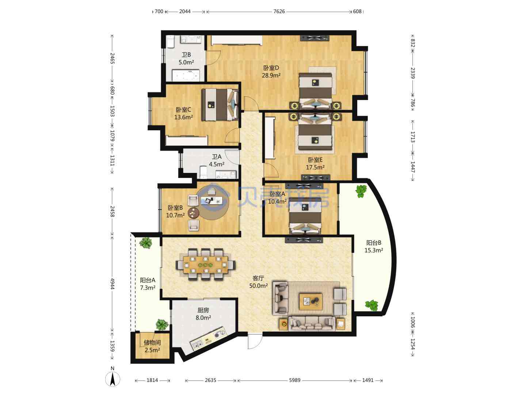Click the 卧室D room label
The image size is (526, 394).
click(271, 68)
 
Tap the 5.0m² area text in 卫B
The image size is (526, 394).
click(186, 62)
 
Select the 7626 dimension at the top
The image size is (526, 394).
click(279, 11)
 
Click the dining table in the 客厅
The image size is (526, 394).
click(206, 265)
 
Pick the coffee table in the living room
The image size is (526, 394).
click(310, 302)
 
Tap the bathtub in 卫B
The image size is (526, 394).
click(186, 76)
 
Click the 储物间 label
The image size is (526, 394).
click(152, 343)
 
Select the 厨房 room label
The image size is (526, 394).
click(203, 310)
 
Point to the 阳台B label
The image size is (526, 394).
click(374, 243)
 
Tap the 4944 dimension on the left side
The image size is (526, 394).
click(113, 284)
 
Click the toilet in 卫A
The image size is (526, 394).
click(203, 172)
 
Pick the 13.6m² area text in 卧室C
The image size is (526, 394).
click(184, 117)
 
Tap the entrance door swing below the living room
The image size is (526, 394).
click(255, 341)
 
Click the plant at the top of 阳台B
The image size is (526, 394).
click(361, 192)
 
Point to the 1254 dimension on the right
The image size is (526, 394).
click(413, 344)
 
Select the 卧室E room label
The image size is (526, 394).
click(315, 160)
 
